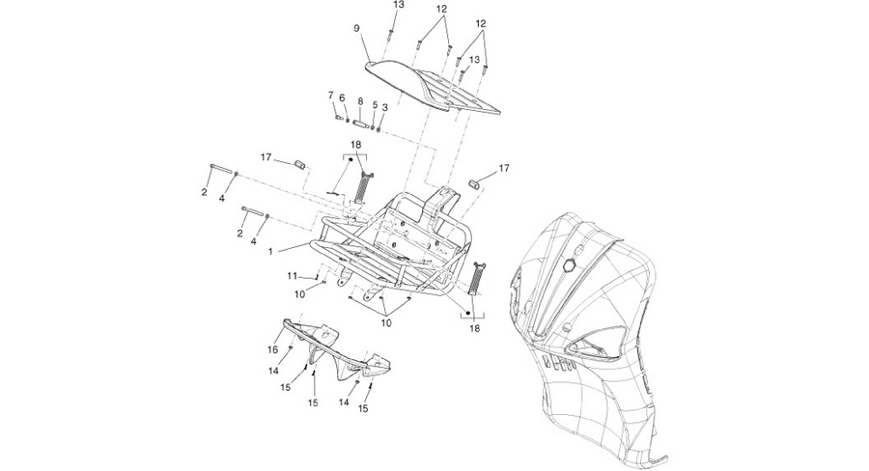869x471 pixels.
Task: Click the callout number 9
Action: pyautogui.click(x=356, y=28)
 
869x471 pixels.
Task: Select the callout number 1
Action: pyautogui.click(x=270, y=252)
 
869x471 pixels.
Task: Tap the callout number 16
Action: pyautogui.click(x=272, y=349)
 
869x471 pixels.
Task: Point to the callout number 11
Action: pyautogui.click(x=292, y=276)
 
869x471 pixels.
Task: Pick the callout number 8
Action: pyautogui.click(x=360, y=101)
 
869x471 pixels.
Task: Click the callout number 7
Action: pyautogui.click(x=331, y=96)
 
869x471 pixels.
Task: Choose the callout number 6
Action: pyautogui.click(x=342, y=98)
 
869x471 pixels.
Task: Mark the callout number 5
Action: pyautogui.click(x=375, y=105)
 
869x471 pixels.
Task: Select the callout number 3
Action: pyautogui.click(x=385, y=107)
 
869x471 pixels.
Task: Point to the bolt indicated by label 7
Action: pyautogui.click(x=338, y=118)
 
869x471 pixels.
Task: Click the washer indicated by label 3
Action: pyautogui.click(x=378, y=130)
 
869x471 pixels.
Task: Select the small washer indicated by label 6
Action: pyautogui.click(x=347, y=121)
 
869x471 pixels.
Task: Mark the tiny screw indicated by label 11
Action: pyautogui.click(x=317, y=276)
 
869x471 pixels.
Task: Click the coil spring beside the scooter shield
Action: pyautogui.click(x=475, y=278)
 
